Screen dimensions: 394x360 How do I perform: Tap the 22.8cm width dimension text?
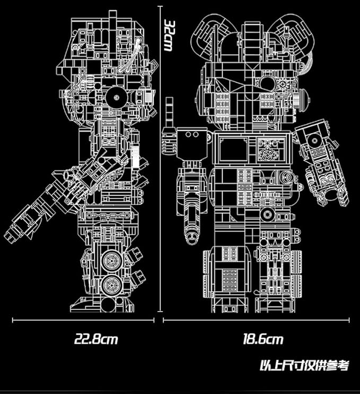[x=95, y=339]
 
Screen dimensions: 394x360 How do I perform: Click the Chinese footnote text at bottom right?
[x=305, y=365]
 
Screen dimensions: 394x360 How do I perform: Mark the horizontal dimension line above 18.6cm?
[x=256, y=320]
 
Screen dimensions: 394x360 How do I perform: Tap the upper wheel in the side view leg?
[x=112, y=260]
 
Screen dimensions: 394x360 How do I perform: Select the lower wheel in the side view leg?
[x=112, y=285]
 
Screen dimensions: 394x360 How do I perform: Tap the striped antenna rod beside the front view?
[x=170, y=119]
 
